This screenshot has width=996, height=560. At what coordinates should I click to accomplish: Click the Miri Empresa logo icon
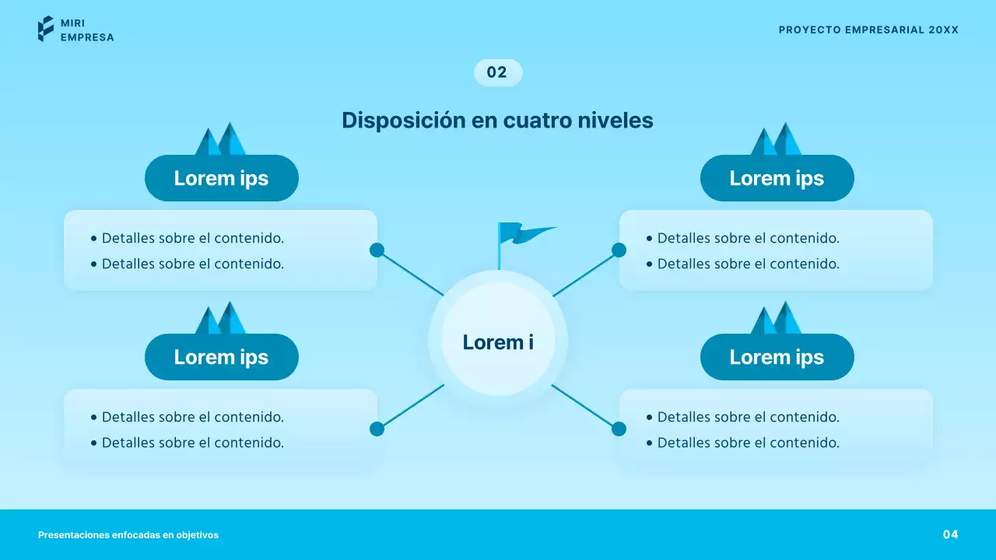tap(46, 29)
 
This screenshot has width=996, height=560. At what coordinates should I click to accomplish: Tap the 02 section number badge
tap(498, 72)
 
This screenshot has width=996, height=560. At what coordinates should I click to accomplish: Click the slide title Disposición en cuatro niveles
tap(497, 121)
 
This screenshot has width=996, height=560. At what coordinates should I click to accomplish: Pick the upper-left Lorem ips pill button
tap(221, 178)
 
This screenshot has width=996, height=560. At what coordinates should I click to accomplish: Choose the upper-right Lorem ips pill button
tap(777, 178)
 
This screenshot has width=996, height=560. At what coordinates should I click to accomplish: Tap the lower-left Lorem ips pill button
tap(221, 357)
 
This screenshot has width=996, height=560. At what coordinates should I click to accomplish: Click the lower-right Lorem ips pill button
tap(777, 357)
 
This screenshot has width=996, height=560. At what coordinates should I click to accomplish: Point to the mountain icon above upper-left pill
tap(220, 140)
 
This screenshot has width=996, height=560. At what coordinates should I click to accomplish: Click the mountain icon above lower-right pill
tap(776, 319)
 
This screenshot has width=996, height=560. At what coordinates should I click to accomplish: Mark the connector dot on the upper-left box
tap(377, 250)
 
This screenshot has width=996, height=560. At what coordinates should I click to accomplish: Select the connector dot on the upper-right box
tap(619, 250)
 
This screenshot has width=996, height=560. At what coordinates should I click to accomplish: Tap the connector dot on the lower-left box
tap(377, 429)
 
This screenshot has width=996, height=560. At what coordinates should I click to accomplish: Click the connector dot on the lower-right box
tap(619, 429)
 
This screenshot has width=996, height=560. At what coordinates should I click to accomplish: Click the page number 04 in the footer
tap(950, 534)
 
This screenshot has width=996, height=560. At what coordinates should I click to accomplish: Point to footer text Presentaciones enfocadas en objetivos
tap(128, 535)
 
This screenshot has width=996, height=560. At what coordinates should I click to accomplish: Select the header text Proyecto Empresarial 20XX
tap(868, 30)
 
